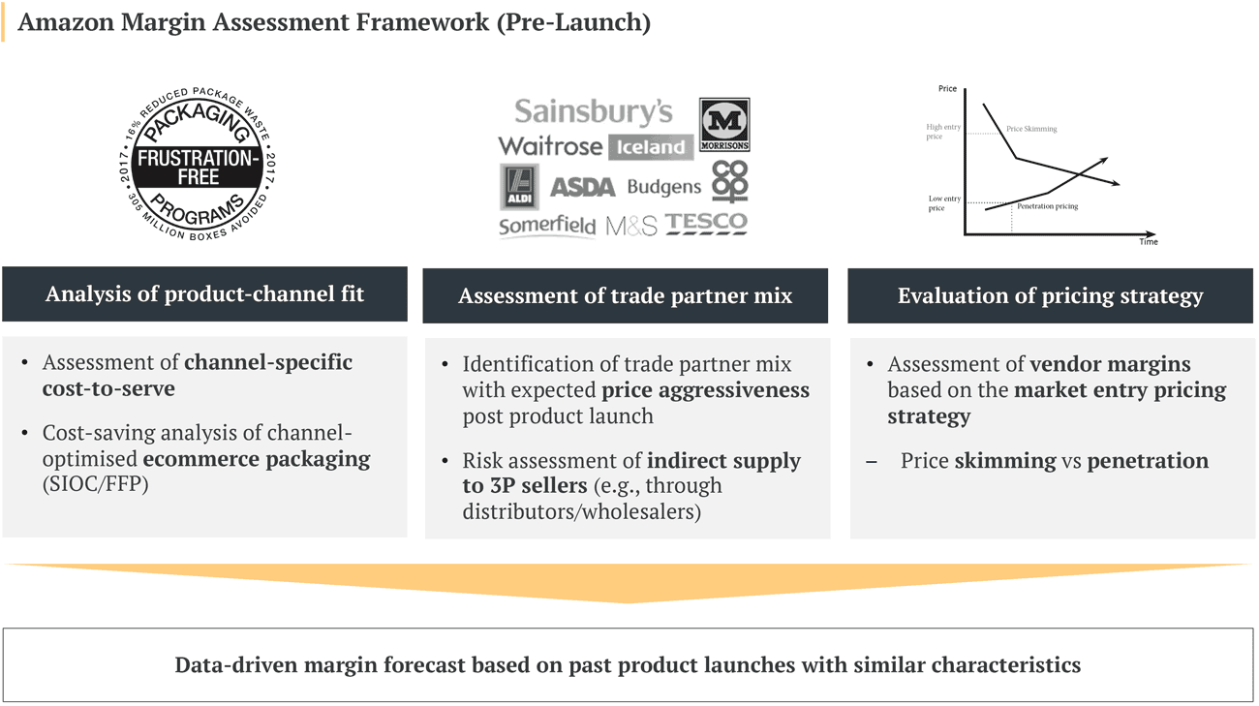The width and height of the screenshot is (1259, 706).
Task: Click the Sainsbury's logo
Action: pyautogui.click(x=593, y=112)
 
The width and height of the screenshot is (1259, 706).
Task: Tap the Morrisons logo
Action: pyautogui.click(x=724, y=125)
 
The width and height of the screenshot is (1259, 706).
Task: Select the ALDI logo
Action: pyautogui.click(x=519, y=187)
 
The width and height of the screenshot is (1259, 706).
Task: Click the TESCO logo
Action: pyautogui.click(x=706, y=224)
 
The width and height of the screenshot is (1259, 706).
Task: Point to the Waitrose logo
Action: pyautogui.click(x=549, y=146)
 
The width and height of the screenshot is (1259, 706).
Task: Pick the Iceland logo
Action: pyautogui.click(x=651, y=147)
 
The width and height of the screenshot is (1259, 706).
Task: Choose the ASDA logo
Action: pyautogui.click(x=582, y=187)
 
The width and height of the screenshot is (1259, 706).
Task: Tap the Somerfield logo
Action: pyautogui.click(x=546, y=226)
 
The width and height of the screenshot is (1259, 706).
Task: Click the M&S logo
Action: pyautogui.click(x=631, y=227)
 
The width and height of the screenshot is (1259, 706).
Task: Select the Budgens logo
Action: pyautogui.click(x=663, y=187)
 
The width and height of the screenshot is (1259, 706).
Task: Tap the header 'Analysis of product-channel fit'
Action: pyautogui.click(x=204, y=294)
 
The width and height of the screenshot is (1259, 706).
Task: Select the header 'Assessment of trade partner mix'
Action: pyautogui.click(x=625, y=296)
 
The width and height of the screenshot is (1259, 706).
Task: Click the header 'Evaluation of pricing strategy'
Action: pyautogui.click(x=1050, y=296)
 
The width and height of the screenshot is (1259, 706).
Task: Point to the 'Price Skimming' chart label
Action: pyautogui.click(x=1031, y=129)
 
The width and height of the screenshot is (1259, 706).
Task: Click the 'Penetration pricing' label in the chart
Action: pyautogui.click(x=1047, y=206)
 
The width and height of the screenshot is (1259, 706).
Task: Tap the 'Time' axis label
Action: pyautogui.click(x=1148, y=242)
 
